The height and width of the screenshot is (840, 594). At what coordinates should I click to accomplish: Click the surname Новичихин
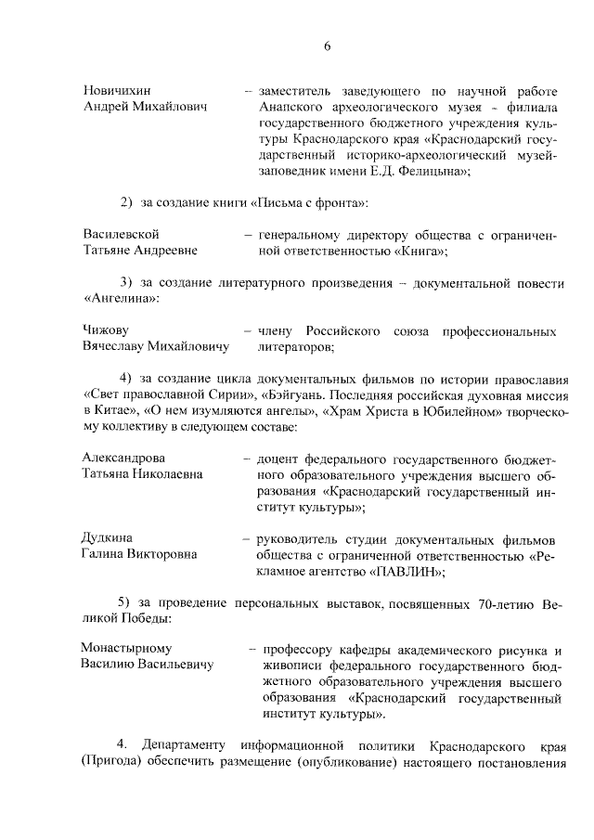[118, 91]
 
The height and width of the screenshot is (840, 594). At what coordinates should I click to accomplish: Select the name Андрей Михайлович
[145, 108]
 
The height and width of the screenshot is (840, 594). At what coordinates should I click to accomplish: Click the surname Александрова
[123, 458]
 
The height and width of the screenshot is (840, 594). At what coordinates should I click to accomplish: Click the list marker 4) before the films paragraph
[126, 378]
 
